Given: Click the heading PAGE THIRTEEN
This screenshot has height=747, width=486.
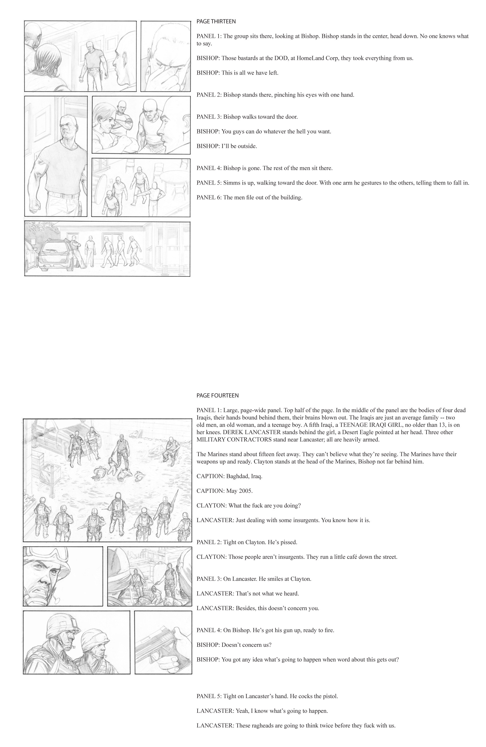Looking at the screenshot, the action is point(216,21).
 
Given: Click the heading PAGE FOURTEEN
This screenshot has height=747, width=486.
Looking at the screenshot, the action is point(218,395).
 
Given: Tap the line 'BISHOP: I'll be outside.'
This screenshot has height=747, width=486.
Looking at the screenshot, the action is point(227,146).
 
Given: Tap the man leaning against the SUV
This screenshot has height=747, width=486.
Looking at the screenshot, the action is point(76,251).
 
